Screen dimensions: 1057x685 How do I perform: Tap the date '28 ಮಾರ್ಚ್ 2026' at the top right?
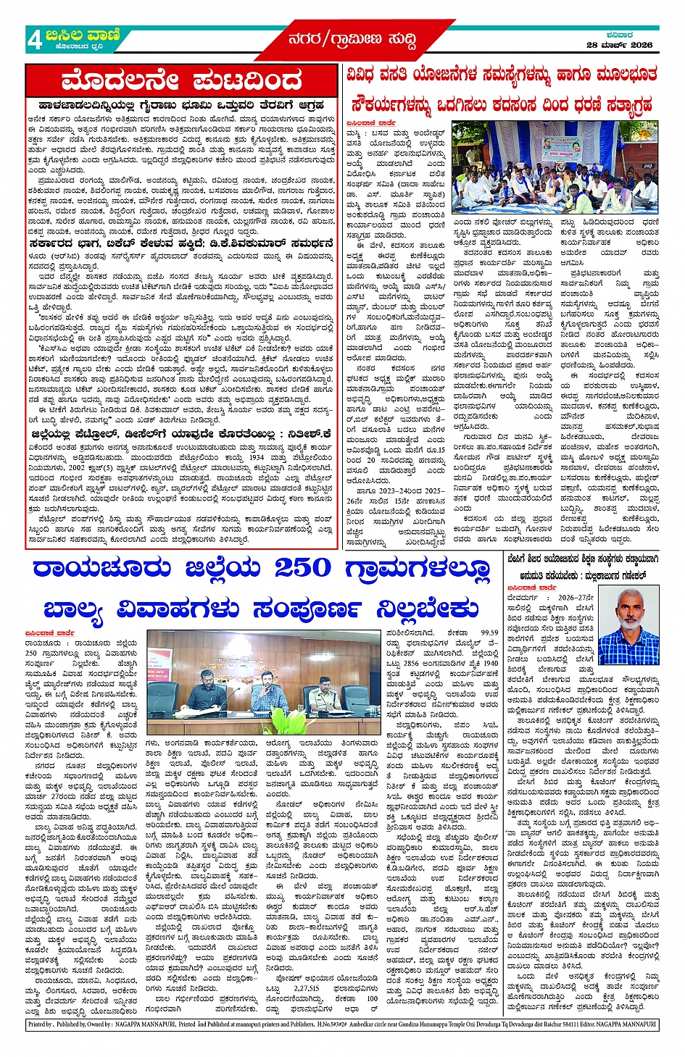(619, 45)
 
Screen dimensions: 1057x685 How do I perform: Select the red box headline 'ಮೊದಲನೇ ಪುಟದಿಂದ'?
(181, 80)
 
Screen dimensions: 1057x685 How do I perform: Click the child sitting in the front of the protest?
(573, 200)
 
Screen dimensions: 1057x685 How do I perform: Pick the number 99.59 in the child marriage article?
(489, 632)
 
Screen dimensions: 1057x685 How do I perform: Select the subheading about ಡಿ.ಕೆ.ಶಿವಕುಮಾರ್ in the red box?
(181, 243)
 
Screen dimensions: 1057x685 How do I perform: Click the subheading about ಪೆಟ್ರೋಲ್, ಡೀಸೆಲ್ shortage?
(181, 433)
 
